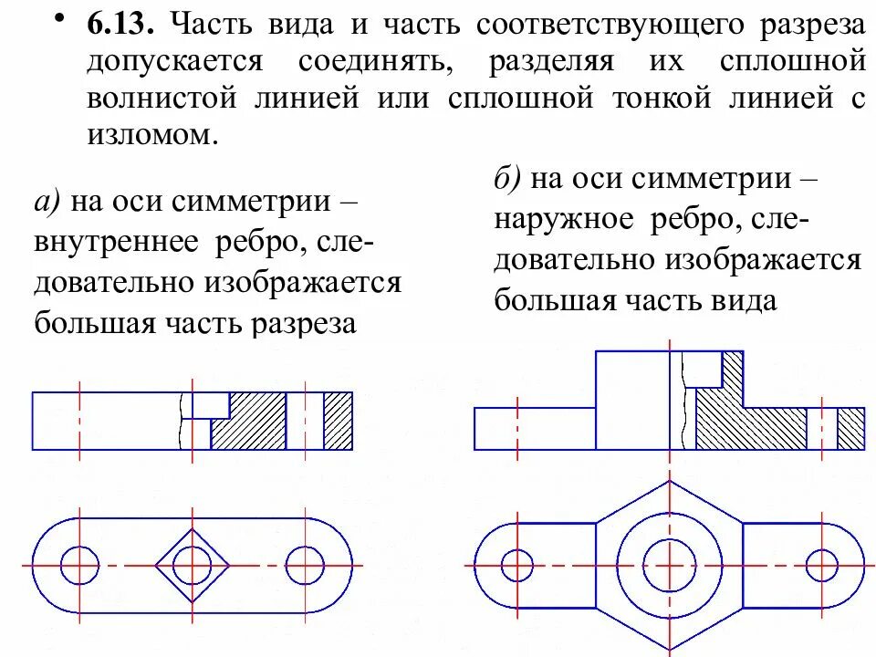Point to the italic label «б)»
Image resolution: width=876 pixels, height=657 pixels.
click(x=509, y=178)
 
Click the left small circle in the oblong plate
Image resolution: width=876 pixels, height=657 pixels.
click(x=79, y=565)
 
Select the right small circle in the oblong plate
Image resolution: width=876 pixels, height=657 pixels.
click(x=304, y=565)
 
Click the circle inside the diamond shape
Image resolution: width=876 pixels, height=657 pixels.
click(x=192, y=565)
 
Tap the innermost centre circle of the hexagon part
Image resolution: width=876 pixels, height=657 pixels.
click(x=670, y=565)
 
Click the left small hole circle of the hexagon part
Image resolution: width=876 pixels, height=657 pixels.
click(x=518, y=565)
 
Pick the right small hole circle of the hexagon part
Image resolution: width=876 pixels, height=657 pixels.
click(x=821, y=565)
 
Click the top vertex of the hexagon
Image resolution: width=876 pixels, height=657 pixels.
click(x=670, y=482)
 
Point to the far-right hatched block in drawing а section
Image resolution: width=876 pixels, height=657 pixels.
click(x=338, y=420)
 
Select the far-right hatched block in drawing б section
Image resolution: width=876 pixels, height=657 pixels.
click(x=850, y=428)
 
